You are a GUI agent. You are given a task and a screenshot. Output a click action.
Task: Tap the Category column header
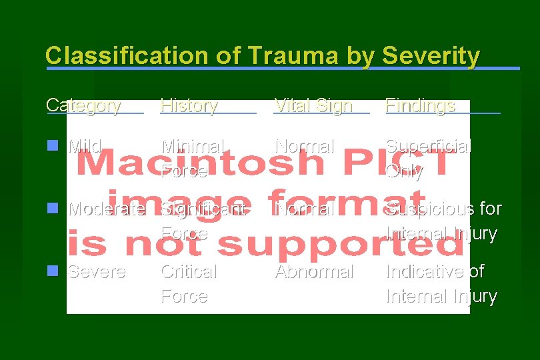[83, 105]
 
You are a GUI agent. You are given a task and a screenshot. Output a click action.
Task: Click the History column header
[189, 105]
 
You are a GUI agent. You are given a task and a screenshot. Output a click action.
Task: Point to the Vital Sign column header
[313, 105]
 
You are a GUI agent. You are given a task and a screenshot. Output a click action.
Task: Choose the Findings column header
[421, 105]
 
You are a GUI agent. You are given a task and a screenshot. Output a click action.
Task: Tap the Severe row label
[97, 272]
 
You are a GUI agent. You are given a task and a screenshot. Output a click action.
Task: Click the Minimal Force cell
[193, 158]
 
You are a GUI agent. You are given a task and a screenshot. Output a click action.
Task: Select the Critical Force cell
[189, 283]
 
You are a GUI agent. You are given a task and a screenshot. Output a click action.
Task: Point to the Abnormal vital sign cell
[314, 272]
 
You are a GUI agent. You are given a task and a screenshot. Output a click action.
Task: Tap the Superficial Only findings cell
[428, 158]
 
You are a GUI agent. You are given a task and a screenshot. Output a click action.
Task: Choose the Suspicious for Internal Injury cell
[443, 221]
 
